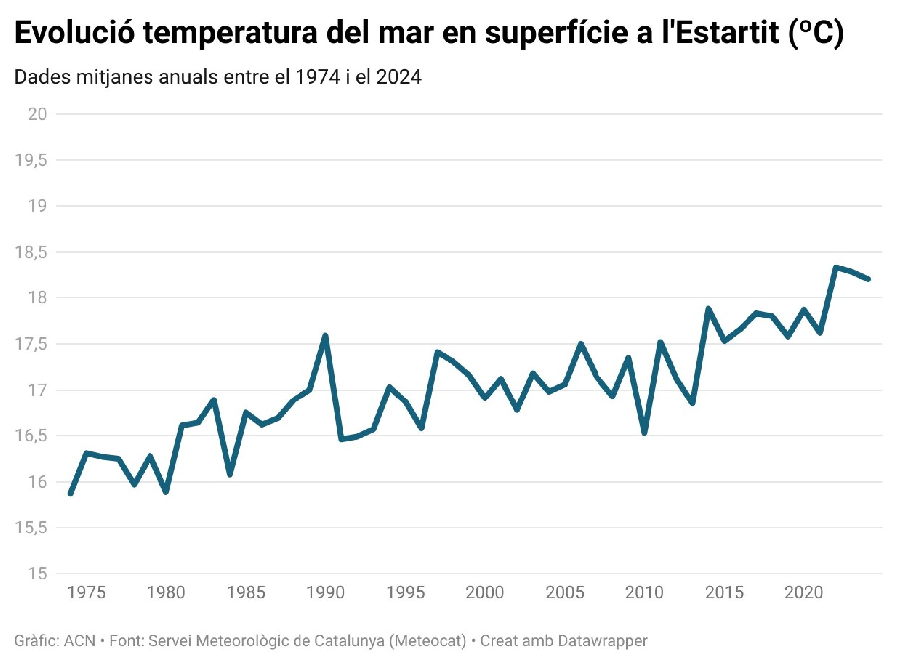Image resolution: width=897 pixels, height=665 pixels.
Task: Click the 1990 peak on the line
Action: [325, 335]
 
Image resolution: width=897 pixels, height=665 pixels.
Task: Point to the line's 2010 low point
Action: [644, 433]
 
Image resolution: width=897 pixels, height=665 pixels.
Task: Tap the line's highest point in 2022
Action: [836, 267]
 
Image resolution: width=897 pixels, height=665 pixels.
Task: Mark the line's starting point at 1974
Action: [70, 494]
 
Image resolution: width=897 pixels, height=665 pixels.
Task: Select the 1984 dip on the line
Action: [230, 474]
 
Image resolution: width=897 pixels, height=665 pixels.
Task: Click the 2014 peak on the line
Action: [708, 309]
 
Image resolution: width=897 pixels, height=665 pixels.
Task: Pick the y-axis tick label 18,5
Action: [31, 252]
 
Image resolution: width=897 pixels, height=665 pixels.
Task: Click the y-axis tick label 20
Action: [37, 114]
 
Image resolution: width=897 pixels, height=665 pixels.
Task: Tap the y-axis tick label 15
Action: [37, 574]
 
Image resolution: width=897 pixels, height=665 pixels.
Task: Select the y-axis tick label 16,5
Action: [31, 436]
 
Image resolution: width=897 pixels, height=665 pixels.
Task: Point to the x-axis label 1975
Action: [86, 592]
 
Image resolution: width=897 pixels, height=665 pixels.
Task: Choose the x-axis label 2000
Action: [485, 592]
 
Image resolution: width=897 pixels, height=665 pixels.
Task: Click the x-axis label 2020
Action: [803, 592]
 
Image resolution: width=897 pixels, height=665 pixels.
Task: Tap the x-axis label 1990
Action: [325, 592]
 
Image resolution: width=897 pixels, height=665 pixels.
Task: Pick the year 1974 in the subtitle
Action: [318, 77]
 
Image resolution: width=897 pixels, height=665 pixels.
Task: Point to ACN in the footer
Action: [80, 641]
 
